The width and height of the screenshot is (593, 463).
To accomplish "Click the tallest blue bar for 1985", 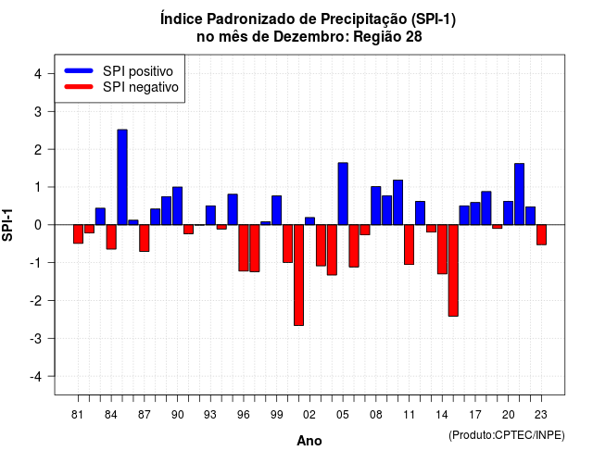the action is pos(122,177).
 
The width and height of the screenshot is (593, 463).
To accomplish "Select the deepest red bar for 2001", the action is pos(298,275).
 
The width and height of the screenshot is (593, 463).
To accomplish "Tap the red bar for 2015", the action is pos(453,270).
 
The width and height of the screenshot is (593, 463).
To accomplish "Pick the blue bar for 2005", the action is pos(343,194).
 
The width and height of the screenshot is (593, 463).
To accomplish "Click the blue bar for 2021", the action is pos(519,194).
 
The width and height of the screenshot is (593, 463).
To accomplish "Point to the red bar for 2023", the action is pos(541,234).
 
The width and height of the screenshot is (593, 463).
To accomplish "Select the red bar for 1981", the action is pos(78,234).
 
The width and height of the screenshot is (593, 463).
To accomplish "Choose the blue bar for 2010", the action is pos(397,202).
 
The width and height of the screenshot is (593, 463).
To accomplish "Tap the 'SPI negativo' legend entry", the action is pos(121,87).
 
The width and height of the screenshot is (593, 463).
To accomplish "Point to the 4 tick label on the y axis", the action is pos(38,74).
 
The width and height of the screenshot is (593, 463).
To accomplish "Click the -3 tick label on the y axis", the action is pos(35,338).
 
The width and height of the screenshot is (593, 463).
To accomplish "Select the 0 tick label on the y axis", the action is pos(38,225).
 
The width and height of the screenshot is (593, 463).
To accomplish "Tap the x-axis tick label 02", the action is pos(309,415).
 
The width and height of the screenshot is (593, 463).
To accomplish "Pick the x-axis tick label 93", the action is pos(210,415).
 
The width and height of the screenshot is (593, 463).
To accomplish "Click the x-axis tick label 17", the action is pos(475,415).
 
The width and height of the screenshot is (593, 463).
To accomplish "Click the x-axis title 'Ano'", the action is pos(309,441).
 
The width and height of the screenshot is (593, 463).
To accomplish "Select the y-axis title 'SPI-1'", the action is pos(7,225).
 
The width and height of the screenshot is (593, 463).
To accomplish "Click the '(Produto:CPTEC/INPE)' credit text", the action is pos(507,435).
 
